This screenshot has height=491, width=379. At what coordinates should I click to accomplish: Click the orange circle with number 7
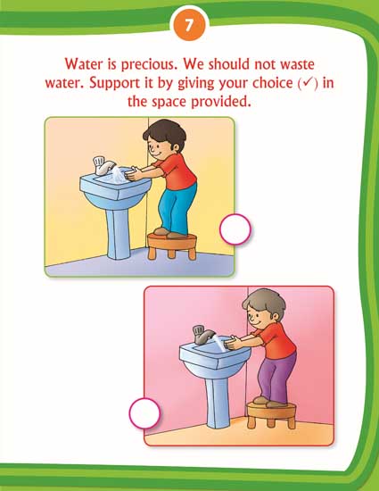click(x=189, y=25)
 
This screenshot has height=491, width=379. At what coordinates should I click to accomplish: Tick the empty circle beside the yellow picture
click(x=235, y=229)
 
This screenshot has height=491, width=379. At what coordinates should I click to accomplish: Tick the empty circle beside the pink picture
click(x=144, y=413)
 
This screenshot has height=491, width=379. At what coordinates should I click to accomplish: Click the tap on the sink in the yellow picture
click(x=103, y=165)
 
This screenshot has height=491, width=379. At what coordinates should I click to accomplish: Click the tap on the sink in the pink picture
click(x=203, y=334)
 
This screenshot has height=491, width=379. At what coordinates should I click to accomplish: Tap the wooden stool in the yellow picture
click(x=172, y=246)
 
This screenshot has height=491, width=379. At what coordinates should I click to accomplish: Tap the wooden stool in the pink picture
click(x=271, y=415)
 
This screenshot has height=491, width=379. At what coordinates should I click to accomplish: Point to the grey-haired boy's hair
click(x=265, y=302)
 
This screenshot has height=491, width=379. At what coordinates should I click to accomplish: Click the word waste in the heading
click(x=297, y=64)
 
